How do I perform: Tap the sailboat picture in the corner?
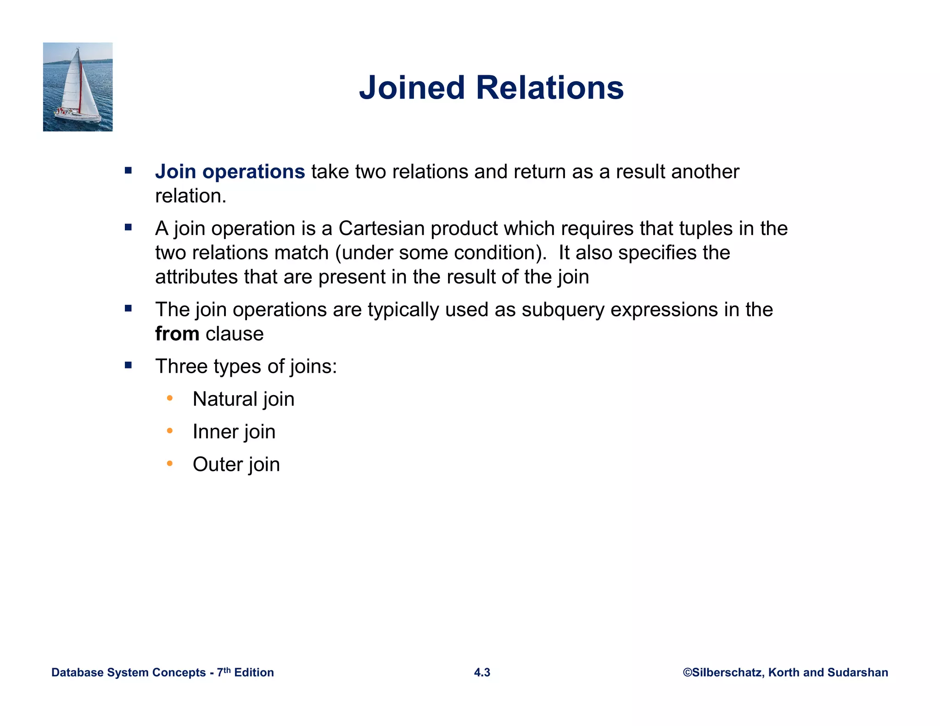click(x=78, y=87)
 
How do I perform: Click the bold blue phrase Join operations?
click(x=230, y=172)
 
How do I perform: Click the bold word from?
click(x=177, y=334)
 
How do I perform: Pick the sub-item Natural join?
click(x=243, y=399)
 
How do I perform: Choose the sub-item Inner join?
click(x=234, y=431)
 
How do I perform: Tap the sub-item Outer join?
click(x=236, y=464)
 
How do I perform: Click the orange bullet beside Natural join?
click(x=170, y=398)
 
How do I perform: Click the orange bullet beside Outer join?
click(x=170, y=463)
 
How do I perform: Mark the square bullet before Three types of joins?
click(x=128, y=365)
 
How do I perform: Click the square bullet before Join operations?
click(x=128, y=171)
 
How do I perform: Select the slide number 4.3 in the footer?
click(x=482, y=672)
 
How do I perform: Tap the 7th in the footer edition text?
click(x=224, y=672)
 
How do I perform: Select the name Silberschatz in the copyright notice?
click(x=727, y=672)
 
